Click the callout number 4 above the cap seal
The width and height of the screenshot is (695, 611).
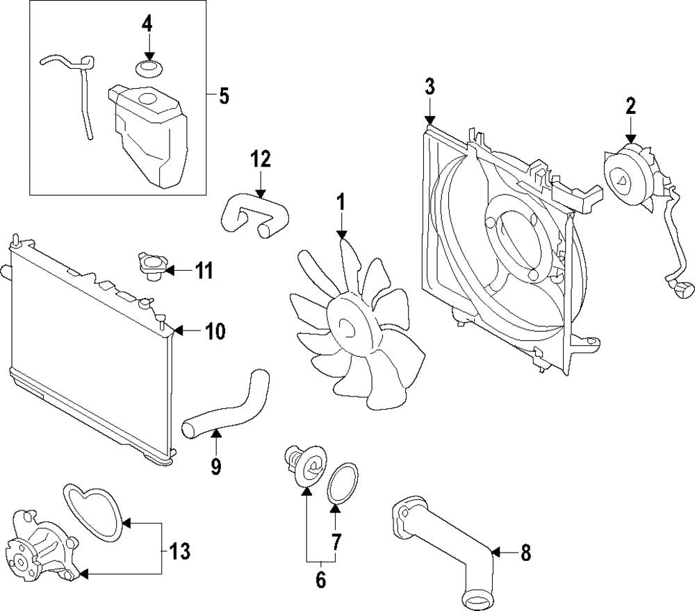pyautogui.click(x=147, y=23)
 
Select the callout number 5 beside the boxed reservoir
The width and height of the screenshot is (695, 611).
pyautogui.click(x=223, y=96)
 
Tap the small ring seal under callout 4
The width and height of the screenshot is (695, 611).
pyautogui.click(x=147, y=68)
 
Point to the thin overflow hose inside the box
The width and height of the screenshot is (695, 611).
pyautogui.click(x=82, y=97)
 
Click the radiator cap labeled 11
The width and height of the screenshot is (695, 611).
pyautogui.click(x=151, y=267)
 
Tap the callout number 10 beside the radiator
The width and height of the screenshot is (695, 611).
pyautogui.click(x=215, y=332)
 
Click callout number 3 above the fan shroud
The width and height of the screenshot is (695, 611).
pyautogui.click(x=430, y=87)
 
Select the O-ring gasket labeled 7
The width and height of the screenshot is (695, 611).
pyautogui.click(x=340, y=481)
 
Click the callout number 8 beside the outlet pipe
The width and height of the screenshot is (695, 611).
pyautogui.click(x=525, y=553)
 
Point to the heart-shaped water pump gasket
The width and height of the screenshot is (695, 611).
pyautogui.click(x=94, y=512)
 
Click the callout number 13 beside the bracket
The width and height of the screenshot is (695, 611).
pyautogui.click(x=179, y=553)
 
